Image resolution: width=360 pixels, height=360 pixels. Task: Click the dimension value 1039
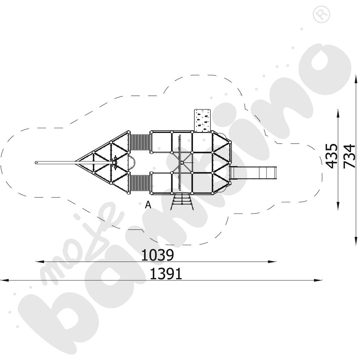coord(158,255)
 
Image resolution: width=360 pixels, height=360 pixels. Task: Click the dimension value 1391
coord(166,274)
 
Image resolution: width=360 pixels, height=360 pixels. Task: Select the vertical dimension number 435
coord(332,156)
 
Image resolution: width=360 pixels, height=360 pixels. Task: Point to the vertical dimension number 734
coord(349,156)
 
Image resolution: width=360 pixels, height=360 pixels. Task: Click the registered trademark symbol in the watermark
coord(321,14)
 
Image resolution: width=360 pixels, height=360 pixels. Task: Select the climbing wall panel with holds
coord(202,121)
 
